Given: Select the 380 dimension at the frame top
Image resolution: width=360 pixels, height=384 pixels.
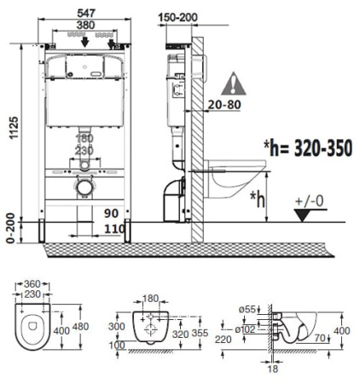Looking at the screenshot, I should coord(84,26).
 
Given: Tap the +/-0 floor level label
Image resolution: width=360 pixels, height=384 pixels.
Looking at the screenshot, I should coord(309,201).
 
